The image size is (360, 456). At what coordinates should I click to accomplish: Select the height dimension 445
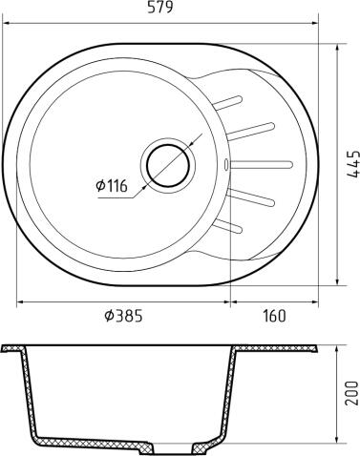click(352, 163)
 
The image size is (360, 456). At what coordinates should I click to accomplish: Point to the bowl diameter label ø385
click(122, 316)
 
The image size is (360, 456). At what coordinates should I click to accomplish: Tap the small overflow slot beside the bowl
click(225, 164)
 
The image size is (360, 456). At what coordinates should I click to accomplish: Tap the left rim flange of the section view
click(14, 347)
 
